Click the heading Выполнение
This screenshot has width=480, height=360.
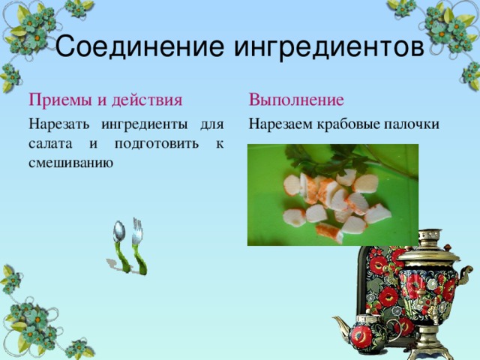click(296, 100)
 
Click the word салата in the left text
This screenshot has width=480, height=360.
click(48, 143)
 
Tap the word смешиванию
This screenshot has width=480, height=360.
click(70, 162)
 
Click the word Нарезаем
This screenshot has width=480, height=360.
click(282, 124)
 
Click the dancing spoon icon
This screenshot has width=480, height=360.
click(120, 246)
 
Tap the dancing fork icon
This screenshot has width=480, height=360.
click(138, 244)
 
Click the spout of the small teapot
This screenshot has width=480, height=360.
click(339, 325)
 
